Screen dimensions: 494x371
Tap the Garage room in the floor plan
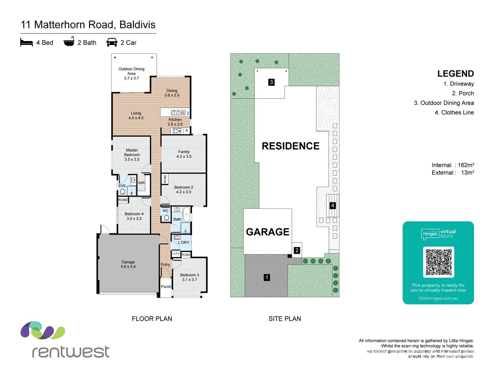pyautogui.click(x=128, y=264)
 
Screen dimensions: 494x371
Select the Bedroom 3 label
pyautogui.click(x=189, y=275)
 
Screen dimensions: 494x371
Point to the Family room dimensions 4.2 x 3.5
pyautogui.click(x=184, y=156)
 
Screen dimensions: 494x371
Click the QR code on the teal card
pyautogui.click(x=438, y=262)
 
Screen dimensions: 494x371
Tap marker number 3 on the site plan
pyautogui.click(x=271, y=82)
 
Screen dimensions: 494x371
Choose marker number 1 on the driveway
pyautogui.click(x=267, y=277)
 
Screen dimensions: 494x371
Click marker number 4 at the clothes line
pyautogui.click(x=332, y=205)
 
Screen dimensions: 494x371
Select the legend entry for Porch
pyautogui.click(x=463, y=93)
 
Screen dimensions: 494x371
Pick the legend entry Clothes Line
pyautogui.click(x=454, y=112)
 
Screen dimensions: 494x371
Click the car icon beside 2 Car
pyautogui.click(x=112, y=42)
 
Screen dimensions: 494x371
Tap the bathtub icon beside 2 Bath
pyautogui.click(x=69, y=41)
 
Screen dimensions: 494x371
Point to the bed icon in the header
pyautogui.click(x=26, y=42)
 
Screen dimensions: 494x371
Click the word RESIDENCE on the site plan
pyautogui.click(x=290, y=146)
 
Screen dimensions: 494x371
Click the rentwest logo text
pyautogui.click(x=71, y=352)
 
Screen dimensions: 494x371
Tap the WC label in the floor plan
pyautogui.click(x=165, y=211)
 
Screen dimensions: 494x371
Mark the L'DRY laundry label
pyautogui.click(x=183, y=242)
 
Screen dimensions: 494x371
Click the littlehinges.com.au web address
pyautogui.click(x=438, y=298)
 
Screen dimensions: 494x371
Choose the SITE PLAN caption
pyautogui.click(x=285, y=319)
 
